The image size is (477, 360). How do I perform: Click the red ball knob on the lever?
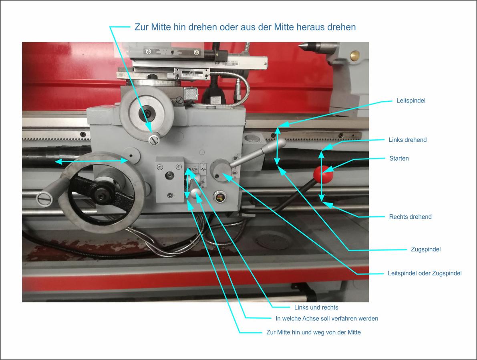[x=323, y=175]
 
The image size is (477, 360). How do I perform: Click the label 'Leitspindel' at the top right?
[x=411, y=101]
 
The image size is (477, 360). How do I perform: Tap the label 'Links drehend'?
[x=408, y=140]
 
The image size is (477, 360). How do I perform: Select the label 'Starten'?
[x=399, y=159]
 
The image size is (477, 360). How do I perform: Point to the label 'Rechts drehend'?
[x=410, y=217]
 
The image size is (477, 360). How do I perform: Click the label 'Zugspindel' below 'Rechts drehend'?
[x=426, y=249]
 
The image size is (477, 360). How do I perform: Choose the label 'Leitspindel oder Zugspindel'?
[x=425, y=274]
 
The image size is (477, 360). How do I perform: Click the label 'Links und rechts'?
[x=316, y=308]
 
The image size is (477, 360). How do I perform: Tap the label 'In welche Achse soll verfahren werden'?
[x=327, y=319]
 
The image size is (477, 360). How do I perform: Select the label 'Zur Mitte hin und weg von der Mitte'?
[x=313, y=332]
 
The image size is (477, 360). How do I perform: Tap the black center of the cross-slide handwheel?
[x=147, y=113]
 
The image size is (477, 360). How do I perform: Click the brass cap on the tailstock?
[x=355, y=56]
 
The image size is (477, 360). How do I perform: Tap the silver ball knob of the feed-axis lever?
[x=195, y=193]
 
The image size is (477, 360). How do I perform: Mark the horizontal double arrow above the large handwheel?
[x=92, y=161]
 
